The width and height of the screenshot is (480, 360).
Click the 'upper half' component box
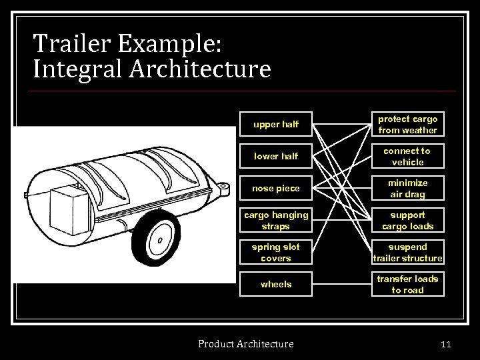pos(276,125)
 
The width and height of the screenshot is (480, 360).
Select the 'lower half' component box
pos(276,157)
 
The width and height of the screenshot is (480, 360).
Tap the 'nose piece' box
pos(276,189)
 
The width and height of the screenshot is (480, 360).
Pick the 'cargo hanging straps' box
pos(276,221)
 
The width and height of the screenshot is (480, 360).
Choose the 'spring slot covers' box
pos(276,253)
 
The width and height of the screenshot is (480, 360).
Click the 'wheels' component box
pos(276,285)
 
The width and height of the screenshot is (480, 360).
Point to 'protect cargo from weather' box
pos(407,125)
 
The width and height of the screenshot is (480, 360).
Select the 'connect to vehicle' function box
pos(407,157)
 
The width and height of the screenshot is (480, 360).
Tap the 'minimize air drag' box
pos(407,189)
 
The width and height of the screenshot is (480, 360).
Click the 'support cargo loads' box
pos(407,221)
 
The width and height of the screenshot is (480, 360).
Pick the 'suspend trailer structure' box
pos(407,253)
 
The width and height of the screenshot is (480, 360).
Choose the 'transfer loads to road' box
pos(407,285)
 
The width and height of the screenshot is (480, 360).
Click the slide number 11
pos(446,344)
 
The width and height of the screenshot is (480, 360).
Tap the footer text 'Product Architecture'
pos(245,344)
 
